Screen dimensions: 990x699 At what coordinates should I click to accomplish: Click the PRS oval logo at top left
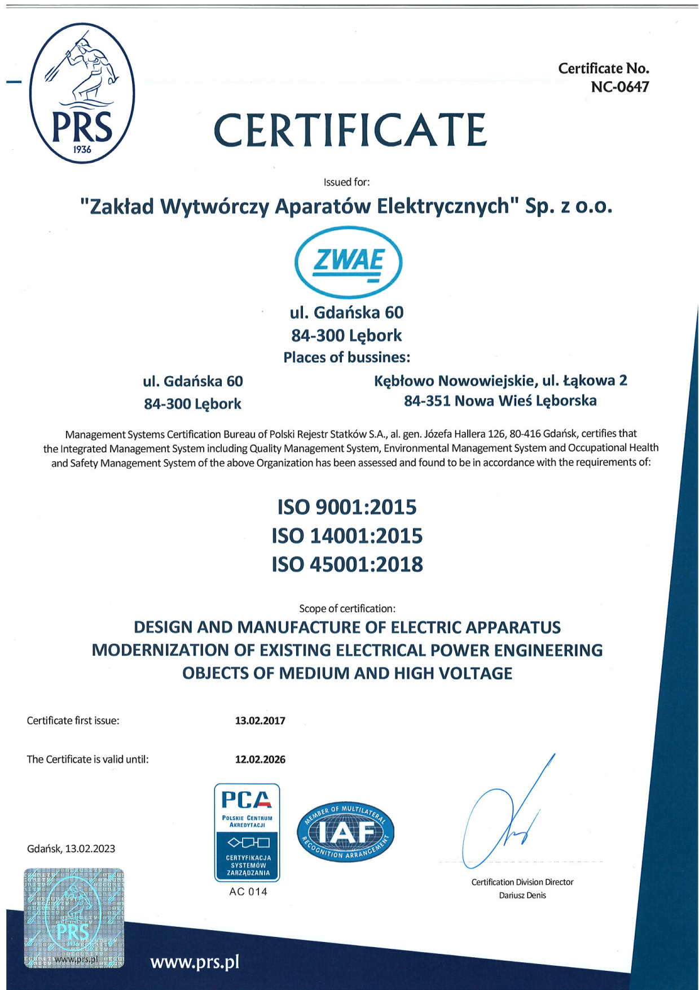(x=82, y=93)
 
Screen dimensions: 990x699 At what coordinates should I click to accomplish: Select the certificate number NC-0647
(x=619, y=87)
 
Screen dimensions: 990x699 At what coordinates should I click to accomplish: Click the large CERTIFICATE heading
(x=350, y=130)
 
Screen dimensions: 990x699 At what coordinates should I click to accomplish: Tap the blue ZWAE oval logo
(x=348, y=262)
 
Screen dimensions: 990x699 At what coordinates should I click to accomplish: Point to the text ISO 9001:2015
(x=347, y=507)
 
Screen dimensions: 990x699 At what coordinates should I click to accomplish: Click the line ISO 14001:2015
(x=347, y=535)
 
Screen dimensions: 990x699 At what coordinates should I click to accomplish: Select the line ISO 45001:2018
(x=347, y=564)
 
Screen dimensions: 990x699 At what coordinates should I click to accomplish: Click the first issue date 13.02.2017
(x=260, y=721)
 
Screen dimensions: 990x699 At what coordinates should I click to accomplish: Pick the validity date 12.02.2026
(x=260, y=760)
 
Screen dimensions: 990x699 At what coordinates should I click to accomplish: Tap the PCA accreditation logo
(x=247, y=832)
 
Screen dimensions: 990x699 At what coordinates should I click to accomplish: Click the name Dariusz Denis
(x=522, y=895)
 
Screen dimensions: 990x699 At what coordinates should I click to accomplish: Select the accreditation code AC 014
(x=248, y=892)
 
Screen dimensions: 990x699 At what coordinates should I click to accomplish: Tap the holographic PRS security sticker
(x=74, y=918)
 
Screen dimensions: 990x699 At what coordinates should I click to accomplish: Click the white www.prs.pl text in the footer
(x=195, y=962)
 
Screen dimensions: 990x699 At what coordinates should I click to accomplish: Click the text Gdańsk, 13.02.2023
(x=71, y=848)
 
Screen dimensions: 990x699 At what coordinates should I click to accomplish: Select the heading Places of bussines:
(x=346, y=357)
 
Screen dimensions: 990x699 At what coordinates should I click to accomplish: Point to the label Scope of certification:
(x=347, y=609)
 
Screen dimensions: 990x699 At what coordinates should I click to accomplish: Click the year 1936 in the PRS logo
(x=82, y=150)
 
